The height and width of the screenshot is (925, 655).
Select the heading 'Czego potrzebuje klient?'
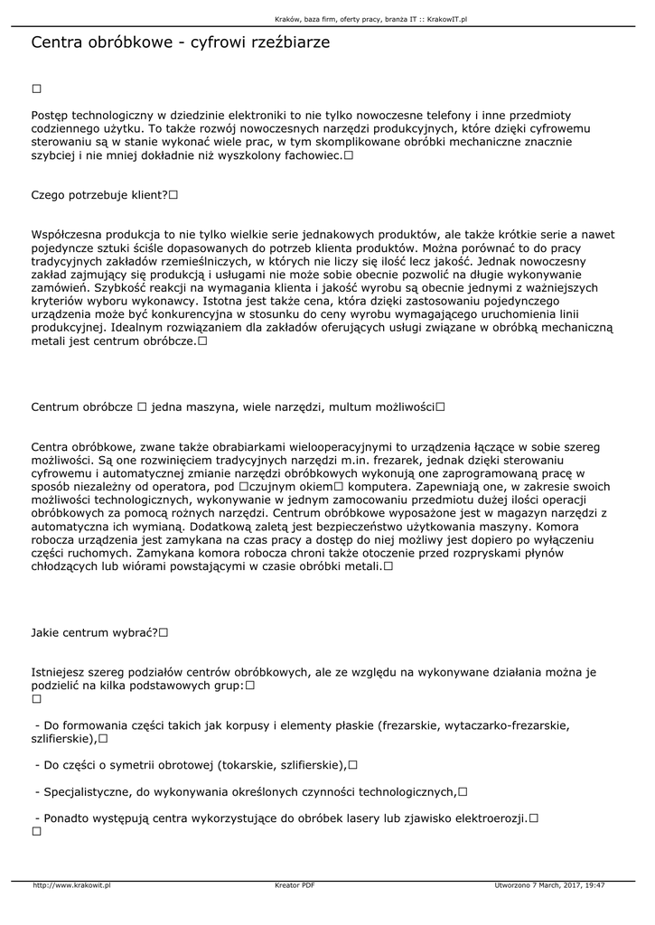(98, 194)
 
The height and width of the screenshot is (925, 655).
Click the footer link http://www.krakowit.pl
(71, 885)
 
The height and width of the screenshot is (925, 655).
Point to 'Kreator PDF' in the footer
(295, 885)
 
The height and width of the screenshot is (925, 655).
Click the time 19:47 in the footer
(594, 885)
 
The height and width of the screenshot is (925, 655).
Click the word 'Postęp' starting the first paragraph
(50, 116)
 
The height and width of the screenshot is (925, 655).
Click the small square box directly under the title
(37, 89)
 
